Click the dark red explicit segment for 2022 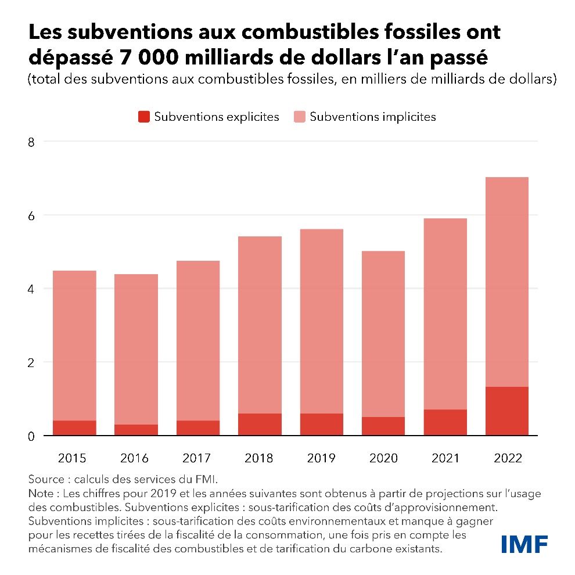[x=506, y=411]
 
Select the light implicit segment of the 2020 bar [x=383, y=334]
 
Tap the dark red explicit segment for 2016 [x=136, y=430]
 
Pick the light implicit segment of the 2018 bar [x=259, y=325]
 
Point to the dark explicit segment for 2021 [x=445, y=422]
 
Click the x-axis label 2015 [x=74, y=458]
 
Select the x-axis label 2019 [x=321, y=458]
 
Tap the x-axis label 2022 [x=506, y=458]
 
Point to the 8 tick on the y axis [x=31, y=142]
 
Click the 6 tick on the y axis [x=31, y=215]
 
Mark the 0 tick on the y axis [x=31, y=436]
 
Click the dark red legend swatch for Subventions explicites [x=143, y=117]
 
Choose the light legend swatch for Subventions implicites [x=299, y=117]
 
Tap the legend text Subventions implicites [x=373, y=117]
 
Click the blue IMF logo [x=524, y=544]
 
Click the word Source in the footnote [x=45, y=480]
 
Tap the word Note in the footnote [x=41, y=494]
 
